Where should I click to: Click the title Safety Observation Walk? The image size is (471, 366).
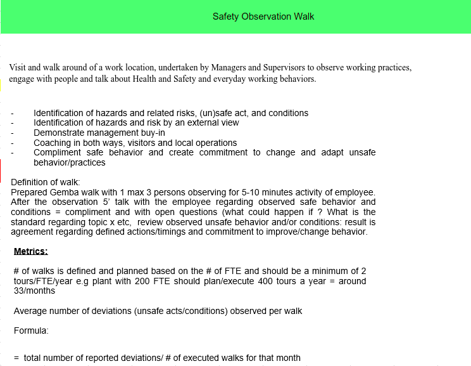click(x=263, y=16)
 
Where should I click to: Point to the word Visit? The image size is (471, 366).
click(x=18, y=67)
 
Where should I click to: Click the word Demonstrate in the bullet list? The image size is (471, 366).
click(x=60, y=133)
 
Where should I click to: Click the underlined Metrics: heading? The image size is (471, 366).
click(x=30, y=251)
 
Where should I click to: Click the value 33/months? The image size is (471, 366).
click(x=35, y=291)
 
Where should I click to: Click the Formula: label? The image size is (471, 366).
click(x=31, y=330)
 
